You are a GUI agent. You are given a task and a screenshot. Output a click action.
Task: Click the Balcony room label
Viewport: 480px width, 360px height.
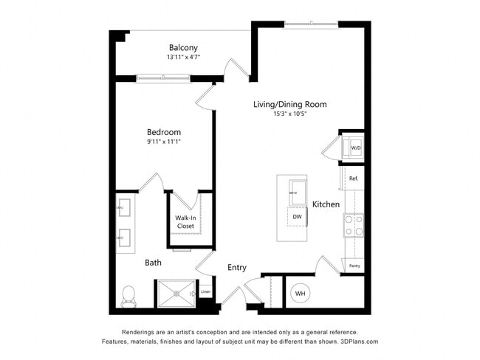[x=182, y=47]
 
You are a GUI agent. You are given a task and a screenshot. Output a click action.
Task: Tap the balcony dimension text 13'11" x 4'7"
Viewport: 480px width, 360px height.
[x=183, y=57]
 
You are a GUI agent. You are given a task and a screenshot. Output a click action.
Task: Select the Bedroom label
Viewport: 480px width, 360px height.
[x=163, y=132]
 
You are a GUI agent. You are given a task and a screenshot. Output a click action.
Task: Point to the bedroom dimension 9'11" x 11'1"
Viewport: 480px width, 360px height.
[x=163, y=142]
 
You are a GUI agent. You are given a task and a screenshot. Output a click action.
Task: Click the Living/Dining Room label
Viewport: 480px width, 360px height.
[x=289, y=105]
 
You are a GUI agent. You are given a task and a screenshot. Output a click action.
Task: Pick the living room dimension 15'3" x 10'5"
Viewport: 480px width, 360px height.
[x=289, y=114]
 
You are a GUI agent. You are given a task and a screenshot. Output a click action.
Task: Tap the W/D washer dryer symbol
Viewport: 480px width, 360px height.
[x=355, y=148]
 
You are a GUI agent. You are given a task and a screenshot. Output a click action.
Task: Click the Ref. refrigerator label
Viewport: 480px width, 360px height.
[x=353, y=179]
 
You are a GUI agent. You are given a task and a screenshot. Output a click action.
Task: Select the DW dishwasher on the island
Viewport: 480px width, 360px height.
[x=297, y=217]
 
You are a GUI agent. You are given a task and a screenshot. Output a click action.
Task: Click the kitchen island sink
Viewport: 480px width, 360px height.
[x=298, y=191]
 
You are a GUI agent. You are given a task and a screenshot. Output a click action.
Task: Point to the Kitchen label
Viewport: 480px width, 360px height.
[x=326, y=204]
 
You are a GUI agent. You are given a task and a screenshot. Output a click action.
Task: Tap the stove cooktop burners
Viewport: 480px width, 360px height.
[x=353, y=225]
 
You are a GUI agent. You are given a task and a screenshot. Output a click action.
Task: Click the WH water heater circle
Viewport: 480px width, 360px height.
[x=301, y=294]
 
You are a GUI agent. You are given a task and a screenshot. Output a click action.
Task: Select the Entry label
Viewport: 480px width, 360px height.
[x=237, y=268]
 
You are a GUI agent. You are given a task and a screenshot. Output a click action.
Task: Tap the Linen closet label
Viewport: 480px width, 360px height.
[x=205, y=292]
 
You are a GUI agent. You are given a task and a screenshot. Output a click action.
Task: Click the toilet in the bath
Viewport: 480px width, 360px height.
[x=128, y=295]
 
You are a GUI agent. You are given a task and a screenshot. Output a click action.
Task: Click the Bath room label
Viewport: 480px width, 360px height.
[x=153, y=262]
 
